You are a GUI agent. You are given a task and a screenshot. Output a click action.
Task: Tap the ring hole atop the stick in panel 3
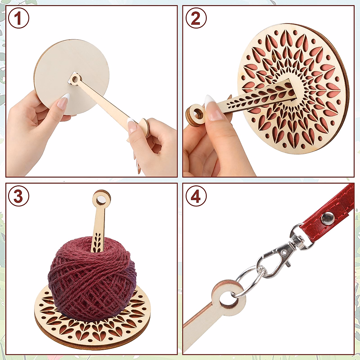[x=100, y=198]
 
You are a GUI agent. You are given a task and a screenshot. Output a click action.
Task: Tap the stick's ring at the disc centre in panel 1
[x=75, y=80]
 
